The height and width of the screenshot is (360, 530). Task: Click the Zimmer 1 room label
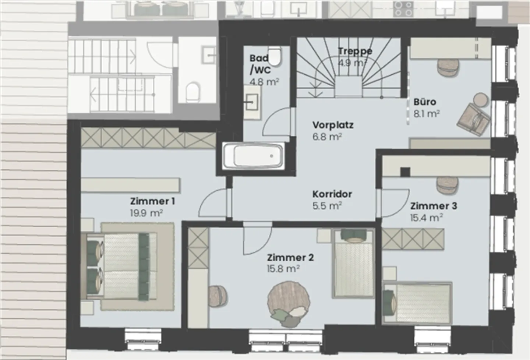coord(152,201)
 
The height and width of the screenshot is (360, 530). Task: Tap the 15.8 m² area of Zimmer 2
coord(283,269)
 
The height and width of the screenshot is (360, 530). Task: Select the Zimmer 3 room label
coord(434,206)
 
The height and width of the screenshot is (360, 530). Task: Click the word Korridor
coord(332,194)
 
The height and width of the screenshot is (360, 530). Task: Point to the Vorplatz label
coord(333,125)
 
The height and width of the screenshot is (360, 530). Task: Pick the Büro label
coord(424,102)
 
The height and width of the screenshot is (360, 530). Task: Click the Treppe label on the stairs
coord(355,51)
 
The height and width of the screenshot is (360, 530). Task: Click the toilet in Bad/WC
coord(274,55)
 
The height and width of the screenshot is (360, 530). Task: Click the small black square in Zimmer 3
coord(405,172)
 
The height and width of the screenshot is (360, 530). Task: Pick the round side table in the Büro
coord(480,99)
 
